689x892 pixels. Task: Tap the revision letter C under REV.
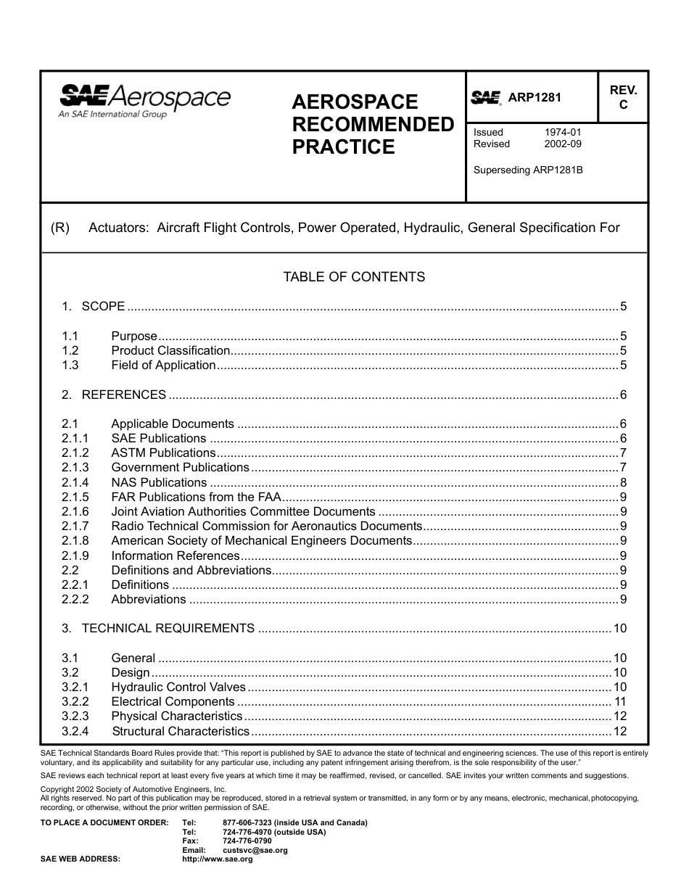tap(622, 105)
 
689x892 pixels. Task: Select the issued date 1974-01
tap(563, 132)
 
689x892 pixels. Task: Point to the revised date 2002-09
tap(563, 144)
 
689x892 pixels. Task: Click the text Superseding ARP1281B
tap(528, 170)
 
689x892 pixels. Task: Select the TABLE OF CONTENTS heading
tap(354, 277)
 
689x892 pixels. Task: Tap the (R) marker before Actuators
tap(59, 228)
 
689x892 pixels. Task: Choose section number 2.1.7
tap(75, 526)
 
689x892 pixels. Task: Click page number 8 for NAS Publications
tap(623, 483)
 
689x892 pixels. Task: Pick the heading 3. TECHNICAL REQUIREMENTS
tap(168, 629)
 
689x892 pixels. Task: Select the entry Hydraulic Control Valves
tap(178, 687)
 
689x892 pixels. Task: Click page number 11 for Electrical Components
tap(620, 702)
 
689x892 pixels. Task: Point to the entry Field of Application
tap(163, 366)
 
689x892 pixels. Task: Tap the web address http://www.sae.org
tap(218, 859)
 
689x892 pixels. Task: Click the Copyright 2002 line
tap(133, 789)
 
